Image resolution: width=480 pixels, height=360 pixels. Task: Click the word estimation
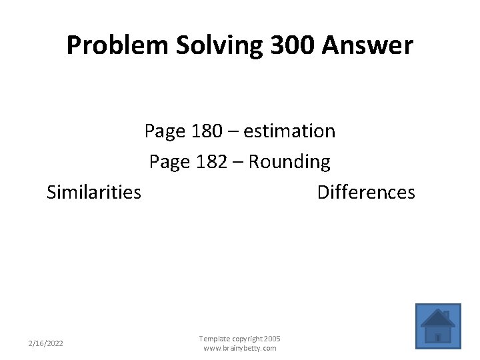[x=289, y=131]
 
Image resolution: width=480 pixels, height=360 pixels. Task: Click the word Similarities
[x=94, y=193]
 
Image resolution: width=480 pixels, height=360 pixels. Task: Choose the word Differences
[x=366, y=193]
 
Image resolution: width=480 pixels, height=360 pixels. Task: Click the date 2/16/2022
[x=46, y=343]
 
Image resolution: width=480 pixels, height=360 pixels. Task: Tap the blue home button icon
[x=437, y=327]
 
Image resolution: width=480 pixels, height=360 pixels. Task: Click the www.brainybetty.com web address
[x=239, y=348]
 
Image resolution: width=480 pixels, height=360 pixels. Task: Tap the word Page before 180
[x=165, y=131]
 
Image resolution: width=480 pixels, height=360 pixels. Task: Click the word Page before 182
[x=171, y=162]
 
